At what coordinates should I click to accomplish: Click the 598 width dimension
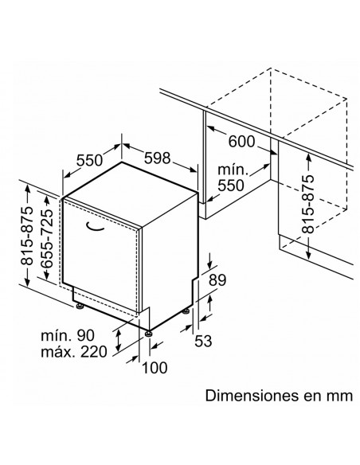point(157,158)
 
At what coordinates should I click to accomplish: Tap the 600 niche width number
point(241,142)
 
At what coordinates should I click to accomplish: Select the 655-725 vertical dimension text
point(46,239)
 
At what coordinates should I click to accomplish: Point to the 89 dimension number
point(217,279)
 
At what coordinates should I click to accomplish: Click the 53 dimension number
point(203,341)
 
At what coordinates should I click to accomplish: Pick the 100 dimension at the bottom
point(155,368)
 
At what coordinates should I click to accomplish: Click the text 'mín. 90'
point(68,335)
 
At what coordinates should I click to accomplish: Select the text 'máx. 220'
point(73,352)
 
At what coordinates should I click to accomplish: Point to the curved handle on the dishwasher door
point(95,226)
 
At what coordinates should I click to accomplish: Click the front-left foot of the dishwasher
point(79,306)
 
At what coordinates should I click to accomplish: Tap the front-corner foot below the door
point(148,334)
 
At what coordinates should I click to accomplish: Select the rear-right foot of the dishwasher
point(186,311)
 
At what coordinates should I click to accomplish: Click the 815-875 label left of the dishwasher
point(27,236)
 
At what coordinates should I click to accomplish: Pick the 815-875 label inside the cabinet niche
point(307,204)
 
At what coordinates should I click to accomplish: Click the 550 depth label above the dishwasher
point(89,160)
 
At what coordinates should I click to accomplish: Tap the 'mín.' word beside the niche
point(233,170)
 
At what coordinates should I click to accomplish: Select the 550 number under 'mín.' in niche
point(231,186)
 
